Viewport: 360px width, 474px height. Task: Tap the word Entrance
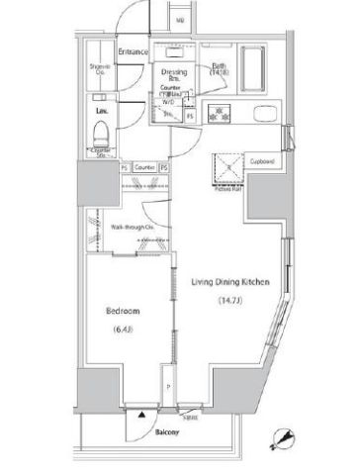click(133, 50)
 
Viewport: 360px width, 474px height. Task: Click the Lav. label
click(100, 111)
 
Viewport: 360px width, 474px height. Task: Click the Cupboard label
click(261, 160)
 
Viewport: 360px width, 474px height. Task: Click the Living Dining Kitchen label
click(229, 283)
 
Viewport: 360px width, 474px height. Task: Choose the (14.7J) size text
click(229, 302)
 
